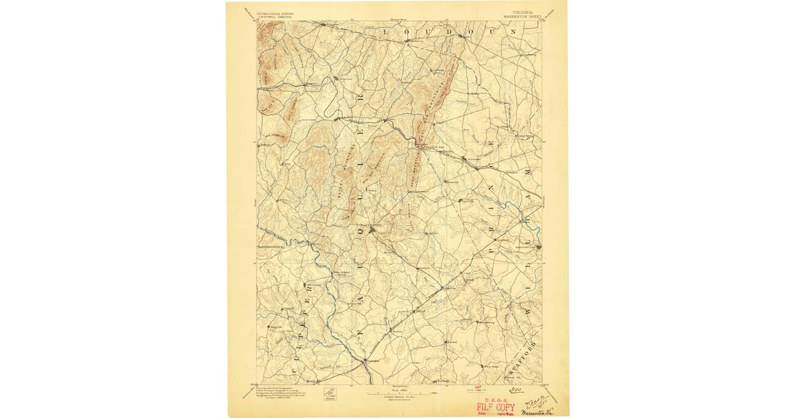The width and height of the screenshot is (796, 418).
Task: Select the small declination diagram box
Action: click(x=329, y=395)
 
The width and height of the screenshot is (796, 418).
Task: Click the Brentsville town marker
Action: click(x=538, y=247)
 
